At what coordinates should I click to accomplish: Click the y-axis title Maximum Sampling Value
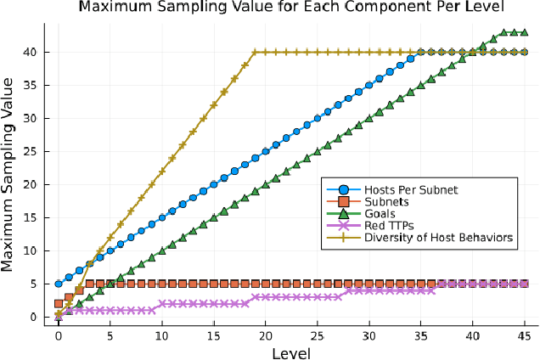[10, 175]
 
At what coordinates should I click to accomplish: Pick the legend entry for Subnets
[387, 202]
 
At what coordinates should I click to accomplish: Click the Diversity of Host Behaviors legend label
[439, 239]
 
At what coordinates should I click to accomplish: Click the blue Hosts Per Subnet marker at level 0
[59, 284]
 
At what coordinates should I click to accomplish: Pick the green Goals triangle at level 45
[525, 32]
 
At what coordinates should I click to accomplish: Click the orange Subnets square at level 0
[59, 304]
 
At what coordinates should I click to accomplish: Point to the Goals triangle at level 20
[266, 184]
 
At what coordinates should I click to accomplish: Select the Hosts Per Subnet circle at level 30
[369, 85]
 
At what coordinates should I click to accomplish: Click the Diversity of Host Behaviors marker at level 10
[162, 171]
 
